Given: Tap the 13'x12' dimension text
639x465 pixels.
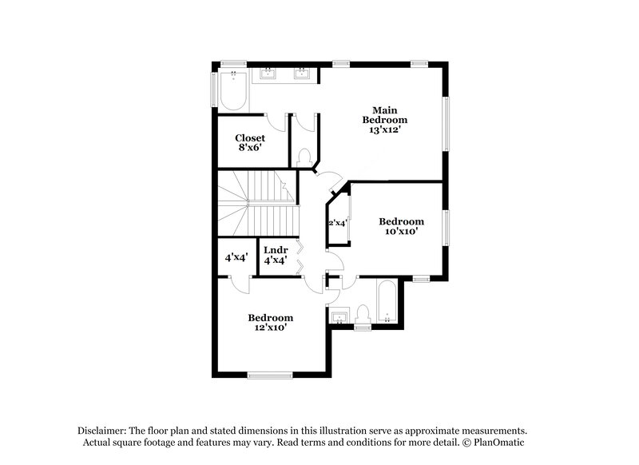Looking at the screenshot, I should [x=380, y=129].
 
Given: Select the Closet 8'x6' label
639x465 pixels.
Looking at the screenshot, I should [x=249, y=143].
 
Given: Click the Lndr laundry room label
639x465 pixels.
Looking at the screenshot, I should [x=276, y=255].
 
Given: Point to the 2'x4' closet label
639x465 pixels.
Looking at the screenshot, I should [x=336, y=223].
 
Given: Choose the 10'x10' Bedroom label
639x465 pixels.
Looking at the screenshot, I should [x=401, y=226].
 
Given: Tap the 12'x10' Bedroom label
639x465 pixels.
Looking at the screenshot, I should [x=270, y=322].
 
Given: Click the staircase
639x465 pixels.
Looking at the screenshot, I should [x=256, y=205].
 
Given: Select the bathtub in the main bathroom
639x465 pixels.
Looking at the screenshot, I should [x=232, y=91].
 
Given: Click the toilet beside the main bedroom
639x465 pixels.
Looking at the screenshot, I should [x=304, y=157].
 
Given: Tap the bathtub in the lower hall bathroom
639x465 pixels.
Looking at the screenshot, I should [x=386, y=302].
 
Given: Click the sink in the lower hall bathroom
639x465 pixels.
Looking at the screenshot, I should [x=339, y=316].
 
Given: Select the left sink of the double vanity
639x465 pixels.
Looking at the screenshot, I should [x=266, y=75].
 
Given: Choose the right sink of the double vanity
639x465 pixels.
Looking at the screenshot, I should [x=302, y=75].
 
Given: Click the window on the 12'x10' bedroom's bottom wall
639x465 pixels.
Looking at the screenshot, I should [x=270, y=374].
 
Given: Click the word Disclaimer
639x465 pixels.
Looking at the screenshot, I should [x=104, y=429].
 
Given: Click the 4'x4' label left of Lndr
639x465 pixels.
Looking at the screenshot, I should [x=236, y=257].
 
